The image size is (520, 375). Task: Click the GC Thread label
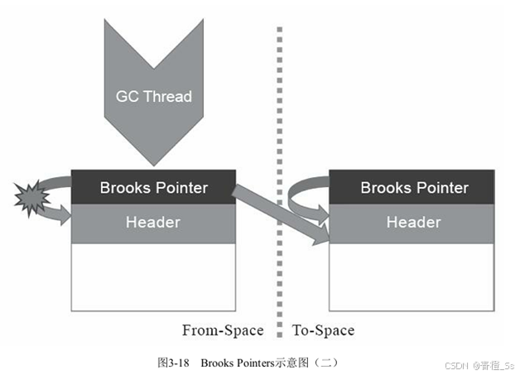point(153,96)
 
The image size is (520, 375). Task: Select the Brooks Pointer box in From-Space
point(153,187)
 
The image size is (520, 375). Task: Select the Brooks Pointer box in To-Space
point(413,187)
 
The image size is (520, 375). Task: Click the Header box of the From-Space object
point(153,223)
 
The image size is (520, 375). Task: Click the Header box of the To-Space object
point(413,223)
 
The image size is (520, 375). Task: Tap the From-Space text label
point(222,331)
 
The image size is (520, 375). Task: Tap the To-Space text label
point(323,331)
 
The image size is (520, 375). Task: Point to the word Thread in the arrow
point(168,96)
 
